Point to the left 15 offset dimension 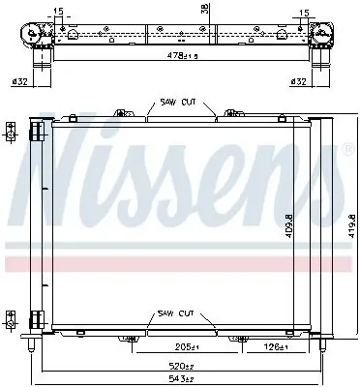pyautogui.click(x=59, y=13)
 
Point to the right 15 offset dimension pyautogui.click(x=305, y=13)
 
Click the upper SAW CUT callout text pyautogui.click(x=175, y=104)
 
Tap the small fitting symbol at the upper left pyautogui.click(x=11, y=130)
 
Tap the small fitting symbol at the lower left pyautogui.click(x=11, y=317)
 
